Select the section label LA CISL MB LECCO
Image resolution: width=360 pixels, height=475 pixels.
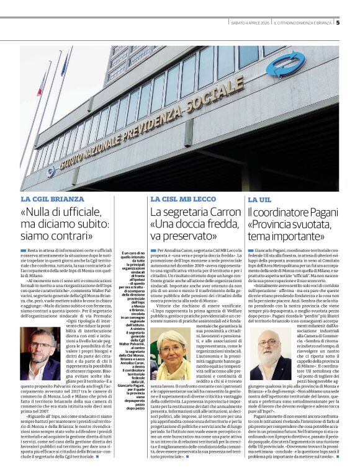coord(181,199)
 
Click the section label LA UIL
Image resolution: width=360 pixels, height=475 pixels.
coord(259,200)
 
